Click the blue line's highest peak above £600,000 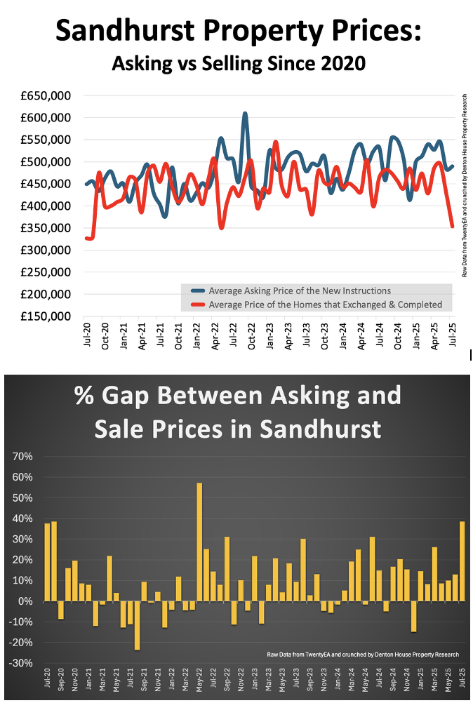coord(245,114)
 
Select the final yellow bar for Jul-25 coord(462,561)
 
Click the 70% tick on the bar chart coord(23,457)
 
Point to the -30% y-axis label coord(21,663)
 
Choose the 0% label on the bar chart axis coord(26,601)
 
